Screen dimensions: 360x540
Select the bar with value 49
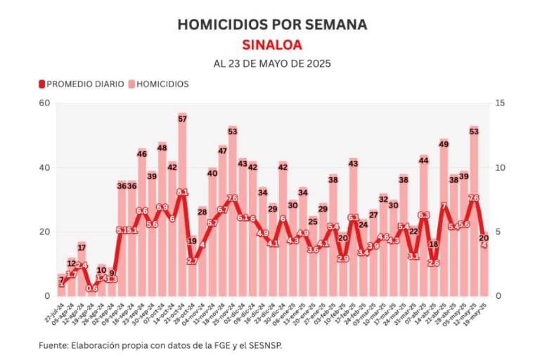pyautogui.click(x=444, y=225)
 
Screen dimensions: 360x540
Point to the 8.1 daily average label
pyautogui.click(x=182, y=192)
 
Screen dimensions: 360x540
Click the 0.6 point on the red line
pyautogui.click(x=92, y=288)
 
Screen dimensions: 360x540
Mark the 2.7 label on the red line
pyautogui.click(x=192, y=261)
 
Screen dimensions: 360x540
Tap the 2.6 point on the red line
pyautogui.click(x=433, y=263)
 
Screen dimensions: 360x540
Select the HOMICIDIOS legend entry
pyautogui.click(x=158, y=84)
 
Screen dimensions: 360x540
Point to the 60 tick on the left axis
pyautogui.click(x=44, y=103)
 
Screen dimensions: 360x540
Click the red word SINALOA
pyautogui.click(x=271, y=45)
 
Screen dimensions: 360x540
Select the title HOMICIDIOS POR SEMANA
pyautogui.click(x=271, y=25)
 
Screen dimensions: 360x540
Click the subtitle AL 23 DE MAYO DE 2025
pyautogui.click(x=271, y=63)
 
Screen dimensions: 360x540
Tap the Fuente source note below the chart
pyautogui.click(x=165, y=345)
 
